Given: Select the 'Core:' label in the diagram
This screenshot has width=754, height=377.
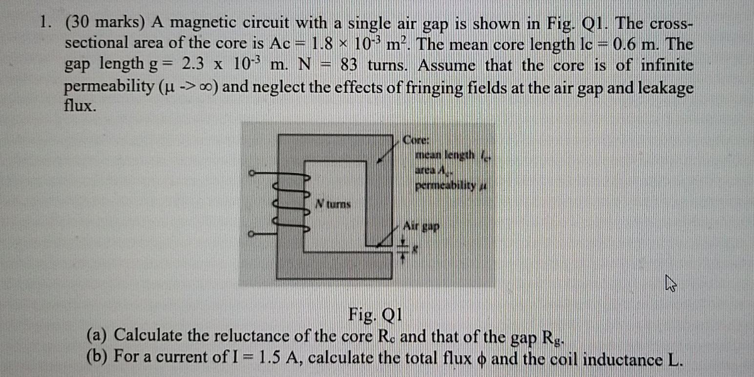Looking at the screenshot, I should pos(416,141).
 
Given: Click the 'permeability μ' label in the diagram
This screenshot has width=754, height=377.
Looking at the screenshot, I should pos(452,186).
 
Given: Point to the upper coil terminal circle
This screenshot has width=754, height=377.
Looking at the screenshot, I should pos(251,172).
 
